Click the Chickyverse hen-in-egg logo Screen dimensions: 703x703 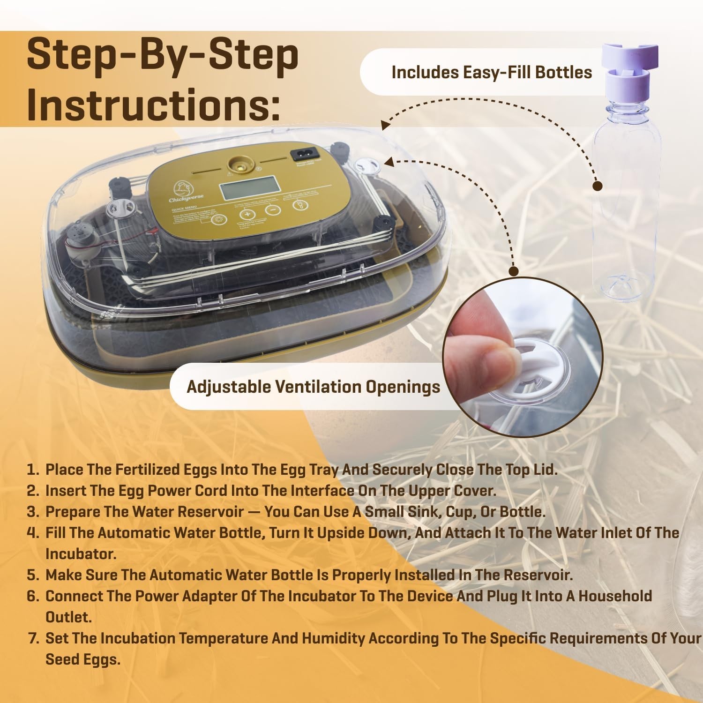click(181, 188)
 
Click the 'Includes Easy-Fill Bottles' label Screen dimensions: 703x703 click(491, 73)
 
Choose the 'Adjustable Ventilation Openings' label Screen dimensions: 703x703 click(313, 387)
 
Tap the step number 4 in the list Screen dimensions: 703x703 click(32, 533)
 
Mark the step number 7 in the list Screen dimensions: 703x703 click(33, 638)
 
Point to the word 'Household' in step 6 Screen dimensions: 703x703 click(615, 596)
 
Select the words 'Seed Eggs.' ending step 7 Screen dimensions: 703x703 click(82, 659)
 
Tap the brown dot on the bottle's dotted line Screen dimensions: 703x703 click(597, 186)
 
